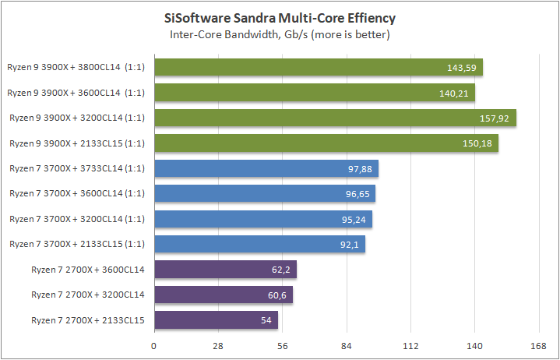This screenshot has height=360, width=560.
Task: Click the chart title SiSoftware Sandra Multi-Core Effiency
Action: coord(280,18)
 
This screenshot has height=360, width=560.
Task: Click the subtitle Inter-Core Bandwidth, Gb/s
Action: coord(280,34)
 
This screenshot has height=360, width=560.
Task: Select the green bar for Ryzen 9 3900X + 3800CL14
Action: coord(319,68)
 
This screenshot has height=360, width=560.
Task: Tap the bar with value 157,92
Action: coord(335,118)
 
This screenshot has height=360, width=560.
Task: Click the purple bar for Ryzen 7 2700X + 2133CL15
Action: coord(216,319)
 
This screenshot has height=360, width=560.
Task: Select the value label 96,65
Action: coord(359,194)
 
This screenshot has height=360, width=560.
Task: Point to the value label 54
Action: coord(268,319)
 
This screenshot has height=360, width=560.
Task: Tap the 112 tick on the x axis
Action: coord(410,345)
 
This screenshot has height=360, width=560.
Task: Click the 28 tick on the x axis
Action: coord(219,345)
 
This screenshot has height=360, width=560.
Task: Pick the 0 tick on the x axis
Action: coord(155,345)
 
